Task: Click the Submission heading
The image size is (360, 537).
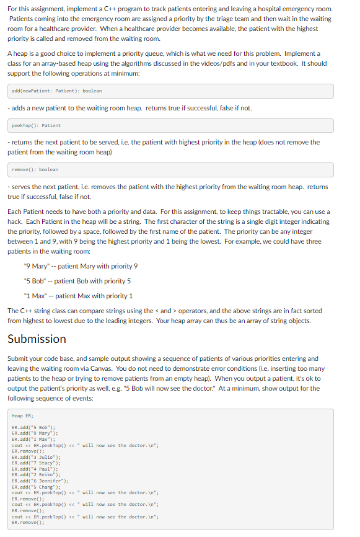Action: pyautogui.click(x=37, y=339)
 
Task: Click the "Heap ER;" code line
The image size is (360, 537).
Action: pyautogui.click(x=22, y=416)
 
